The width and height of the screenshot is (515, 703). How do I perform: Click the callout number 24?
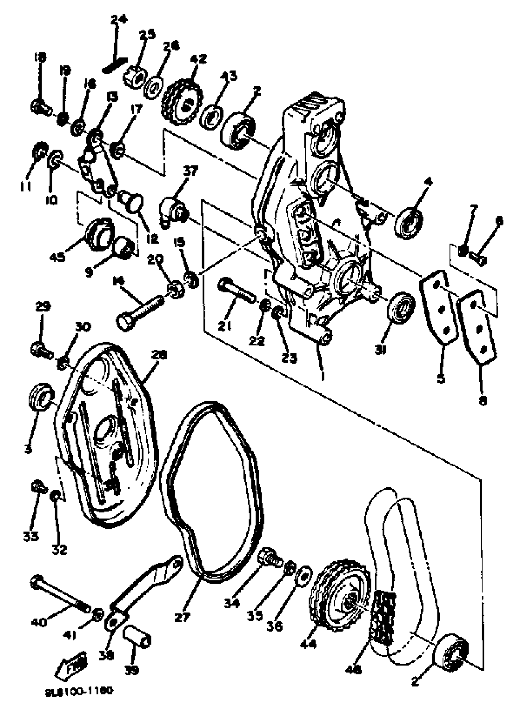click(119, 20)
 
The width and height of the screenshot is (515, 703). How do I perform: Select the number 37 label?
click(191, 171)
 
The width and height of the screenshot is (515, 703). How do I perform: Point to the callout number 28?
click(159, 355)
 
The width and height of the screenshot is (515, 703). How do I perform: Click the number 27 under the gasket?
click(182, 617)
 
